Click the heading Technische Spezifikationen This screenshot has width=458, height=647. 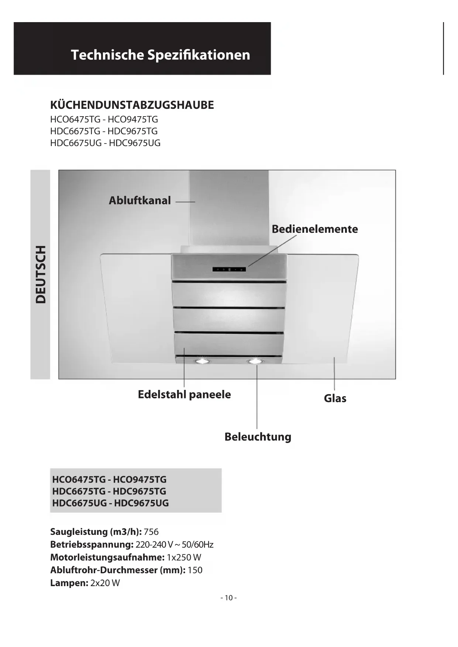160,55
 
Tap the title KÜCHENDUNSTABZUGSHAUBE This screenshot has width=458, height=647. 132,105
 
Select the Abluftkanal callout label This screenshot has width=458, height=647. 140,201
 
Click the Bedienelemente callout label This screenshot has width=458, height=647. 314,229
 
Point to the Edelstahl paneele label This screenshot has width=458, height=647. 184,394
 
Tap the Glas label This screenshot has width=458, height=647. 335,398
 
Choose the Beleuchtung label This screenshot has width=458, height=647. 258,437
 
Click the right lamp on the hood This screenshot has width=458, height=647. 255,361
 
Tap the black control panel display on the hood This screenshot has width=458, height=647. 229,269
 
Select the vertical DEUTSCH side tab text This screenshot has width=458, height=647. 41,274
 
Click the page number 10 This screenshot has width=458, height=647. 228,598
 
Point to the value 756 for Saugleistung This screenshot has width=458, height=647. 151,532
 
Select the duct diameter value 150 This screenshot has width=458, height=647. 195,570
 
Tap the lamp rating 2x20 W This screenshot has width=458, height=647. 105,583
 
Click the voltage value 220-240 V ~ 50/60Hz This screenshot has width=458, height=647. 174,545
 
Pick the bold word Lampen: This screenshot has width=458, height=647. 69,583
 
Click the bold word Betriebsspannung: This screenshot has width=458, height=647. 92,545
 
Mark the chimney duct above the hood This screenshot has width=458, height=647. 229,207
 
